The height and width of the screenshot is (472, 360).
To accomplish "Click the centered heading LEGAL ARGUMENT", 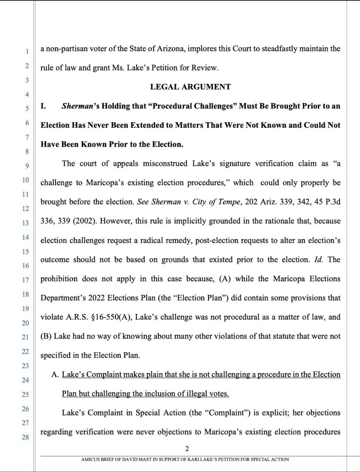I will [x=190, y=87].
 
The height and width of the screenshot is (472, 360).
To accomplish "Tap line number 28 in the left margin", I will [x=26, y=437].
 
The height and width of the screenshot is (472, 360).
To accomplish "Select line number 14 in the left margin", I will [x=26, y=237].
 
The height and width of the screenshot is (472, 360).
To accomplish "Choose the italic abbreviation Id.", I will [x=318, y=259].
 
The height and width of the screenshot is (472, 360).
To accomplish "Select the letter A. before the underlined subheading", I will [x=55, y=374].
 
